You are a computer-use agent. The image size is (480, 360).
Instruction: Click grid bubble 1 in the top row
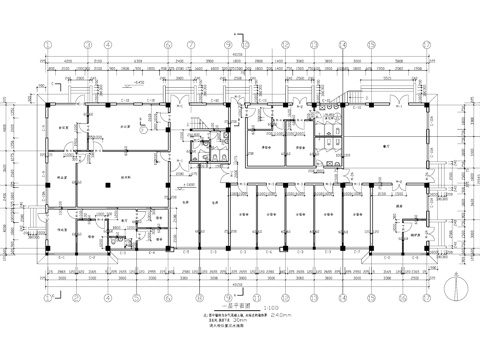(48, 44)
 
